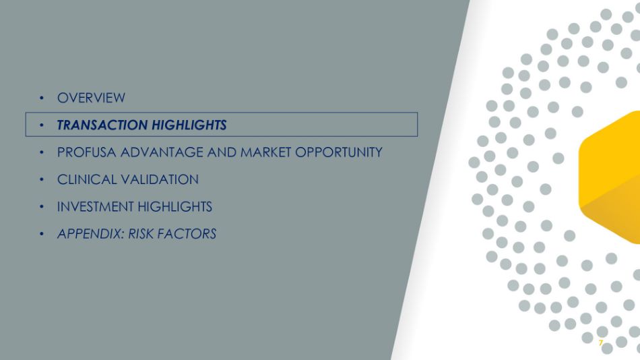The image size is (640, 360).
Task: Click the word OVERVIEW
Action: click(91, 98)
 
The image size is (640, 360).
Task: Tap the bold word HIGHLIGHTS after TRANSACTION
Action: click(189, 125)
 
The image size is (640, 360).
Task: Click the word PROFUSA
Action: click(86, 152)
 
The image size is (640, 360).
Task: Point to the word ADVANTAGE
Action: click(162, 152)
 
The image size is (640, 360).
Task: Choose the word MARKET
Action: click(265, 152)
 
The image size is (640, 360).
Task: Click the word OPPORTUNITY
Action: click(339, 152)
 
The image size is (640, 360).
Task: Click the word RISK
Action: click(141, 234)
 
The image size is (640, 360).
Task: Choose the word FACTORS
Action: click(187, 234)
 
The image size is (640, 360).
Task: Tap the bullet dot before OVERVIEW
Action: click(42, 98)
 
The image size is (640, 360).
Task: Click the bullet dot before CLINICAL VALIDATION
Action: click(42, 179)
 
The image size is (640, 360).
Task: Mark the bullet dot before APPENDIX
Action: click(42, 234)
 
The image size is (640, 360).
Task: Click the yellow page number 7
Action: click(600, 343)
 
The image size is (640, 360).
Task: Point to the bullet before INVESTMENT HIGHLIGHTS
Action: click(42, 207)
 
